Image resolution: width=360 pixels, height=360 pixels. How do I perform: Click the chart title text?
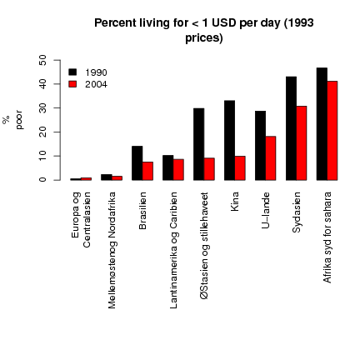coord(203,30)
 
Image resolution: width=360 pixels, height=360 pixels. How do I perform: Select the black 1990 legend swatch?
coord(72,72)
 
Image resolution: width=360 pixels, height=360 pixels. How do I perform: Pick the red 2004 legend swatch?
coord(72,84)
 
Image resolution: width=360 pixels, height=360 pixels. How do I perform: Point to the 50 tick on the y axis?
coord(43,60)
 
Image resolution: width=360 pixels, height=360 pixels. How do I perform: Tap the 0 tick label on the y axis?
coord(43,180)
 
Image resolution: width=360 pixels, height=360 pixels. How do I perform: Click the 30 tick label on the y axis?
coord(43,108)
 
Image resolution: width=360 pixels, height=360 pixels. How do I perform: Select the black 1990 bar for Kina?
coord(230,140)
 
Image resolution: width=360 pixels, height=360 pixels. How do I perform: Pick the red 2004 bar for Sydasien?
coord(301,142)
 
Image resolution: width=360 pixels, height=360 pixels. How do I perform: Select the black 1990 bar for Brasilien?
coord(137,162)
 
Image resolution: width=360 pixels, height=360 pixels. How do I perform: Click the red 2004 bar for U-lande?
coord(271,157)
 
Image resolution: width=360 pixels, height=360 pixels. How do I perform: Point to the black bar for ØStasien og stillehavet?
coord(199,143)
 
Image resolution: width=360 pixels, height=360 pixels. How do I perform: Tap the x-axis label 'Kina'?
coord(235,201)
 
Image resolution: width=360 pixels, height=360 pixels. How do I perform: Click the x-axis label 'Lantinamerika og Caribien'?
coord(174,249)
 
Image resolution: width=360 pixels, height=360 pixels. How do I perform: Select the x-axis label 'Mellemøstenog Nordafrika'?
coord(112,250)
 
